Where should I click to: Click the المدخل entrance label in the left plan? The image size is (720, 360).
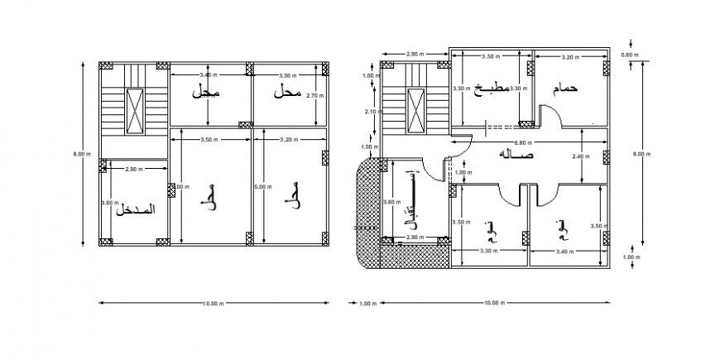tap(133, 209)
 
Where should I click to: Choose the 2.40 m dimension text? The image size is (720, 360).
tap(579, 156)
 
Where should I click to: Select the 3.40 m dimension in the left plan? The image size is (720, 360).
tap(209, 75)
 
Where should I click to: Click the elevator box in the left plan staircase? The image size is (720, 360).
tap(133, 108)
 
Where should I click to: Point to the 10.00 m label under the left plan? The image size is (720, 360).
tap(214, 303)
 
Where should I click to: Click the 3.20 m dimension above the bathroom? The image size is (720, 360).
tap(570, 57)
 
